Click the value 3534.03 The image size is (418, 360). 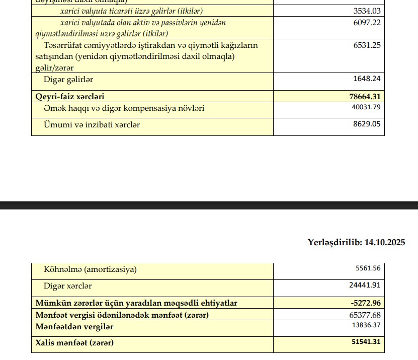367,11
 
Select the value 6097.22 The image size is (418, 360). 367,23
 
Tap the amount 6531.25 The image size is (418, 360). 367,45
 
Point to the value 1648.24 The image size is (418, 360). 367,79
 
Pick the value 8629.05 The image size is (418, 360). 367,124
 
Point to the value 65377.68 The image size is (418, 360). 366,315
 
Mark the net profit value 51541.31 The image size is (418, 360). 365,343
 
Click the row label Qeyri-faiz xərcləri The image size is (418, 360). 70,96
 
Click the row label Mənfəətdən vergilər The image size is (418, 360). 74,326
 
